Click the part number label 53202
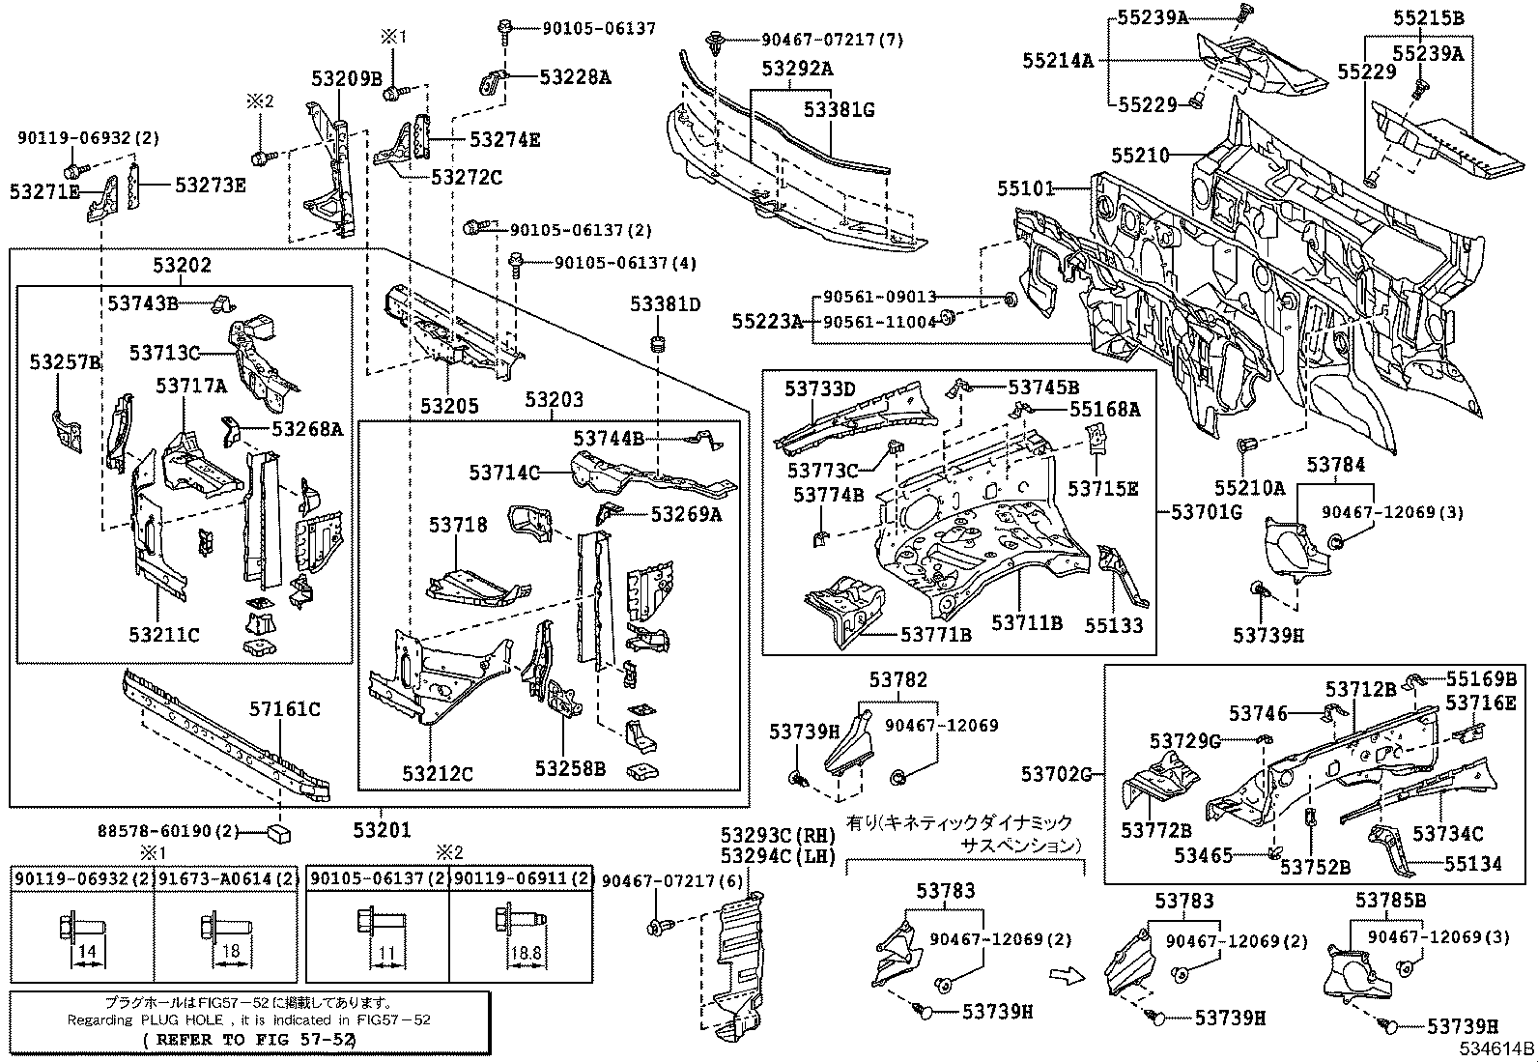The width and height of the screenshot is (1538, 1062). (x=181, y=265)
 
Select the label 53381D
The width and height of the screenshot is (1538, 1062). (x=665, y=304)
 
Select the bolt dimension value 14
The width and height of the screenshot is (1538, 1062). (x=87, y=951)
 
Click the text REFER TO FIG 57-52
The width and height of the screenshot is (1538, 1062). (x=249, y=1040)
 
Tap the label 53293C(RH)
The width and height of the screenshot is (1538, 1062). (x=778, y=834)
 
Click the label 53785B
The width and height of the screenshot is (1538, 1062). (x=1390, y=901)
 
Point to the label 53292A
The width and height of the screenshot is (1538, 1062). (x=797, y=69)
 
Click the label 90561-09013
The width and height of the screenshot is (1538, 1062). (x=879, y=299)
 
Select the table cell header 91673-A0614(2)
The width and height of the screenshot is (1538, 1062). (x=225, y=878)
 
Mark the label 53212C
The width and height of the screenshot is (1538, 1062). (x=438, y=773)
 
